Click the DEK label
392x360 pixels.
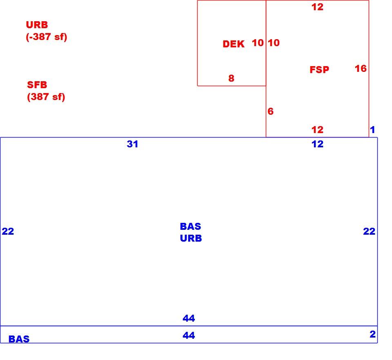(233, 44)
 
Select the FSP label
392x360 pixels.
(319, 69)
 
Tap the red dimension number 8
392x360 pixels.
(231, 78)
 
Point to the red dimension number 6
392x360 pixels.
(270, 111)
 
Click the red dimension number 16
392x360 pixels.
(361, 69)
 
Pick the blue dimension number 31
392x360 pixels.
(132, 144)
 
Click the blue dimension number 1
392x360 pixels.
(372, 130)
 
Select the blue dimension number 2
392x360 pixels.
(372, 334)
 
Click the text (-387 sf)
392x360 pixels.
(47, 37)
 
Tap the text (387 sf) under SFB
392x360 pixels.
(46, 97)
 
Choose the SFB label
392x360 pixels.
(37, 84)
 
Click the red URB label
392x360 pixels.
(37, 25)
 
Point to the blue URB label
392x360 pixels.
(191, 238)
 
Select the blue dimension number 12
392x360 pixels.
(318, 144)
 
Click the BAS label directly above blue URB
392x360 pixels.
(191, 227)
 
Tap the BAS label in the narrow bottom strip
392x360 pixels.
(19, 339)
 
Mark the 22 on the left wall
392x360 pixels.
(8, 231)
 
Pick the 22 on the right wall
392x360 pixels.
(369, 231)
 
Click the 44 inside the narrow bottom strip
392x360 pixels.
(189, 335)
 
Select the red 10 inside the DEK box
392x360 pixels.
(258, 43)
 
